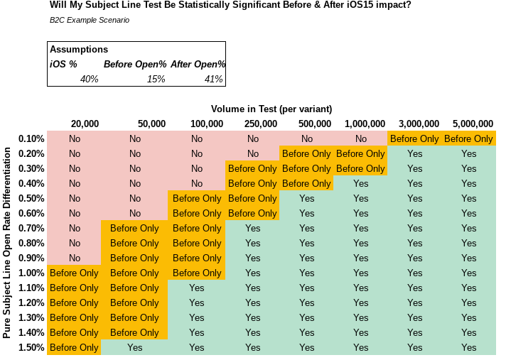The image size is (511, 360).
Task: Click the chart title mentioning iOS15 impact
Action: point(230,6)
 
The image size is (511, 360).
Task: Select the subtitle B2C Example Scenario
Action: point(90,20)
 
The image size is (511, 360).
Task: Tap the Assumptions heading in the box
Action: point(79,50)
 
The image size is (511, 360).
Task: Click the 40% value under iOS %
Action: point(89,79)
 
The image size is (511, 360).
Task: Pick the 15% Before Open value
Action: point(156,79)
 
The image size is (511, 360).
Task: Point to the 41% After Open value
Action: point(213,79)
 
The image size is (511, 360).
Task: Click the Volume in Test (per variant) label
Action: point(271,109)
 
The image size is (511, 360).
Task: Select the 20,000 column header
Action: point(85,124)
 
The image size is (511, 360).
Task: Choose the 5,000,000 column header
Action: point(472,124)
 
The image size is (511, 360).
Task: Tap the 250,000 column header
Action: point(261,124)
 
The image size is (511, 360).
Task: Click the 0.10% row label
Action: point(32,139)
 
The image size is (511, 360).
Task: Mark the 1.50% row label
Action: point(32,348)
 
